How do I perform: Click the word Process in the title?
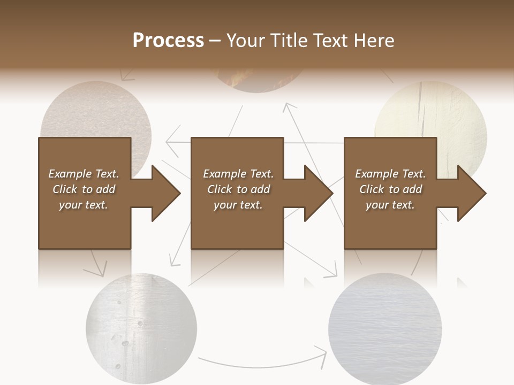tap(168, 41)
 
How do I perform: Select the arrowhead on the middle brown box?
tap(319, 193)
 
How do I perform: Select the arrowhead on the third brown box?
tap(472, 193)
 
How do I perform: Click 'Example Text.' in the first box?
tap(84, 174)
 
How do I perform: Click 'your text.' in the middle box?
tap(238, 205)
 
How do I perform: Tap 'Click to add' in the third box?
tap(390, 189)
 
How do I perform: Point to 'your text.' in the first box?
tap(84, 205)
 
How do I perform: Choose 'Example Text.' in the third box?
tap(390, 174)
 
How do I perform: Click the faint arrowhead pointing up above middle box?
tap(289, 106)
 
